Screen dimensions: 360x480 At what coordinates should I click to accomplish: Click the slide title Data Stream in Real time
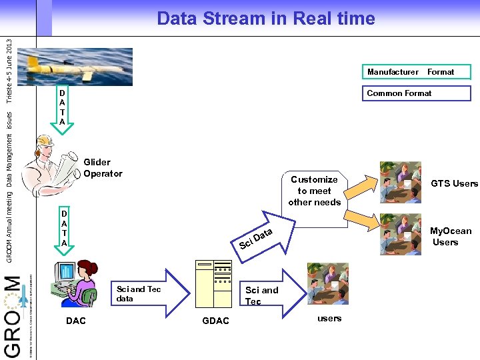tap(265, 19)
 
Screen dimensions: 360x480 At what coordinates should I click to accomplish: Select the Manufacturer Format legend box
tap(409, 72)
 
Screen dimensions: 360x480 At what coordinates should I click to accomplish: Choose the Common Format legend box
tap(416, 93)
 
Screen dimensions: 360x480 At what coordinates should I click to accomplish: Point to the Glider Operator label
tap(103, 168)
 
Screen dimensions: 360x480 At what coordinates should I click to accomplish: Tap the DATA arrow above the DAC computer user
tap(64, 230)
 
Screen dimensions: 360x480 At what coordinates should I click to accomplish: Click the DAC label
tap(76, 321)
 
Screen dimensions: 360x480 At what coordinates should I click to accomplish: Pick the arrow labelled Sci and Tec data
tap(147, 294)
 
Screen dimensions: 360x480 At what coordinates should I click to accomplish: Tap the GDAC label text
tap(215, 321)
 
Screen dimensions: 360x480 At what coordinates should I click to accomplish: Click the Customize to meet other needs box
tap(314, 191)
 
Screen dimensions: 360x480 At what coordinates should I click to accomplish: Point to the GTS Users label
tap(454, 183)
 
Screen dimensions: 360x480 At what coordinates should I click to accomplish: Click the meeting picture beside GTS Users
tap(400, 182)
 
